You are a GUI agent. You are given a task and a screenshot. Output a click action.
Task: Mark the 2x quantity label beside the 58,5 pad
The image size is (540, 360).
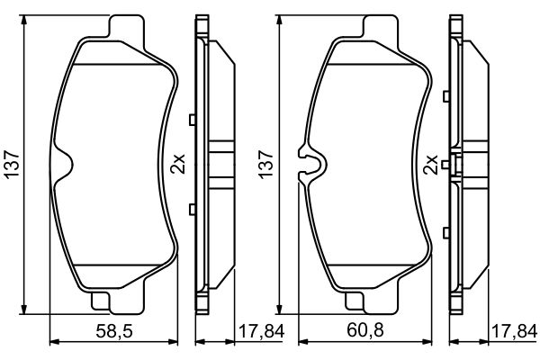[177, 165]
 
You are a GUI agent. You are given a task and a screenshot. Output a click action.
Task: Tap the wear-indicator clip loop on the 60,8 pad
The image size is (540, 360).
[312, 164]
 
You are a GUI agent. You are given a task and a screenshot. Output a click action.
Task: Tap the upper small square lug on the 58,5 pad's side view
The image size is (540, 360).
[193, 120]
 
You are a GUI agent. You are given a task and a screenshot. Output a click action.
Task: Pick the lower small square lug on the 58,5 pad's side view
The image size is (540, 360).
[193, 210]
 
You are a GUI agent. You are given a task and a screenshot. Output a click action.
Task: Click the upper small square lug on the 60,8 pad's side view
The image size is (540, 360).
[445, 120]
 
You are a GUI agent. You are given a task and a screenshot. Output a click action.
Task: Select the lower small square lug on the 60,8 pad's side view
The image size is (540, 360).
[445, 210]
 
